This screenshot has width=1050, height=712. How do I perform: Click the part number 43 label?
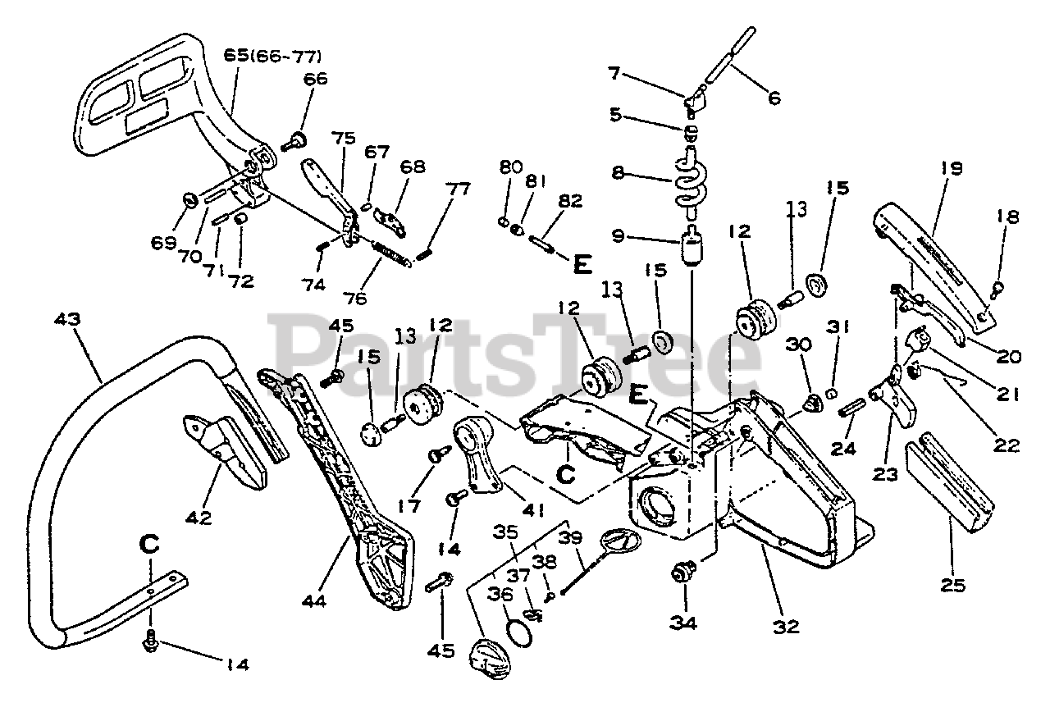click(69, 318)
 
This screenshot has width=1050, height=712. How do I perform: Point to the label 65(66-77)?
click(272, 57)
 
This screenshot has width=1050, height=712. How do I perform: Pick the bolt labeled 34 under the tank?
click(682, 571)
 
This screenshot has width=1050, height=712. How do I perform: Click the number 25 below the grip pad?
click(952, 586)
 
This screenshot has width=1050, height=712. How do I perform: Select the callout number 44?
click(313, 601)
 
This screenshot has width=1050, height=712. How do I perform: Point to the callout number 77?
click(459, 189)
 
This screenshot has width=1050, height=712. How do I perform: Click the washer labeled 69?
click(189, 199)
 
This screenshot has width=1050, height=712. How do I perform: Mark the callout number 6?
click(773, 98)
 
